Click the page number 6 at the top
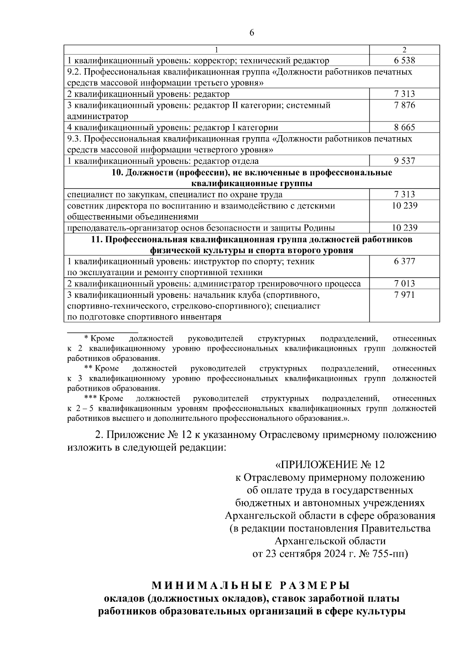point(251,33)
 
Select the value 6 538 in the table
point(405,60)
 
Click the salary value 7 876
point(405,105)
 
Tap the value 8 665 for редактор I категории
point(405,127)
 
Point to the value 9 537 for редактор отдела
point(405,161)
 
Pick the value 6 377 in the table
point(405,261)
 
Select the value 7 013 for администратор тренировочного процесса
point(405,284)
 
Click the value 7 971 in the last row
point(405,295)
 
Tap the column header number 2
point(405,50)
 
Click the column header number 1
point(216,50)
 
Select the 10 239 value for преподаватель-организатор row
point(405,228)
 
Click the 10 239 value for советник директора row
point(405,206)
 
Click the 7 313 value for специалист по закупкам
point(405,195)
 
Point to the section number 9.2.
point(74,72)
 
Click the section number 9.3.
point(74,139)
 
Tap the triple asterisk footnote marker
point(90,398)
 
